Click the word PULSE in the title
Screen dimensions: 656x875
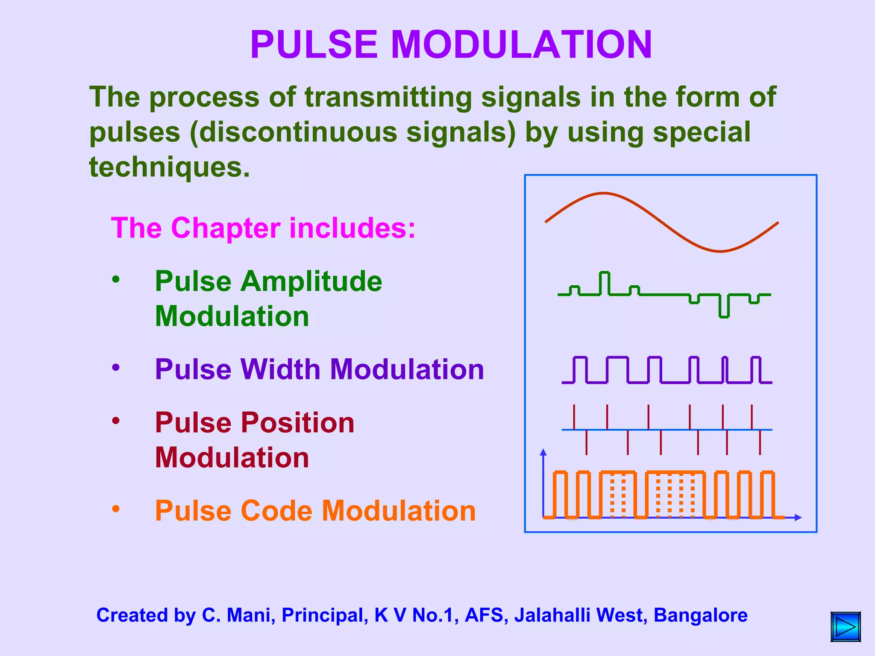(x=314, y=45)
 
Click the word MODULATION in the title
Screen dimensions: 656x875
(x=521, y=45)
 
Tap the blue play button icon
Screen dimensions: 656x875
(x=846, y=627)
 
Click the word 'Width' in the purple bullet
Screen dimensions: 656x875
(x=280, y=369)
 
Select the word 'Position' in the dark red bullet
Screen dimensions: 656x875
(x=298, y=423)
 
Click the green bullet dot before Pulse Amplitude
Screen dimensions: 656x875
(x=116, y=280)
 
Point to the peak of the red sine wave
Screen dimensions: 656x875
(x=603, y=193)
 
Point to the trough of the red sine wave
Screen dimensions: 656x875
(x=720, y=251)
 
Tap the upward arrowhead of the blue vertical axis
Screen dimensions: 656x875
(x=543, y=452)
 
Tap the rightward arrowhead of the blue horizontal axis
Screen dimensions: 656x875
(x=798, y=518)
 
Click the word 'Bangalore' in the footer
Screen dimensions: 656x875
(x=700, y=615)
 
